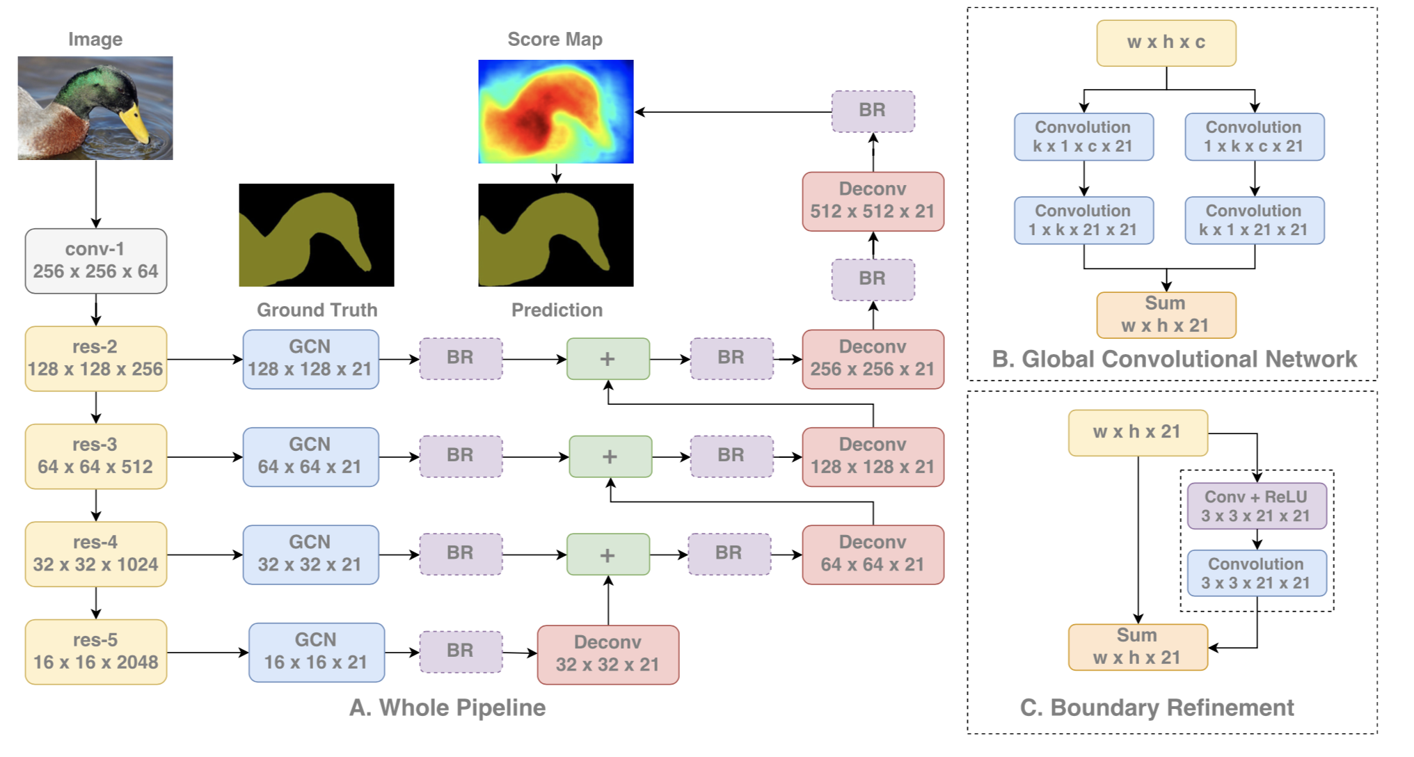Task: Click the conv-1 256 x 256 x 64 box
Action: coord(95,260)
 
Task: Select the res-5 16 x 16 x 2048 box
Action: coord(95,651)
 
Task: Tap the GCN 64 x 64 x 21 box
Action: coord(310,456)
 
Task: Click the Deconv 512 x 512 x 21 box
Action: coord(873,201)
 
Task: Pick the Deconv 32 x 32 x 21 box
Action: coord(607,654)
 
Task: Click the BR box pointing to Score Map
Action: coord(873,111)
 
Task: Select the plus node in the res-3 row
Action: coord(610,456)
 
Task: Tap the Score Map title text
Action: coord(555,39)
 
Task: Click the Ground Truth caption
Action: coord(317,310)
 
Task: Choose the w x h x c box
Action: coord(1166,42)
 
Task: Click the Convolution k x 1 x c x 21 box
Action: coord(1083,136)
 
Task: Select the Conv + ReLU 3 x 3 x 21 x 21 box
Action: coord(1256,506)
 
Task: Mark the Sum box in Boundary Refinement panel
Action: coord(1137,646)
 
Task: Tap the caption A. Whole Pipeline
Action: coord(447,708)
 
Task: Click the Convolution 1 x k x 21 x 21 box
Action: coord(1083,220)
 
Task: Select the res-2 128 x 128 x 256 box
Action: coord(95,358)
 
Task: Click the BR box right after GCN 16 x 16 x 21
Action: coord(460,651)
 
